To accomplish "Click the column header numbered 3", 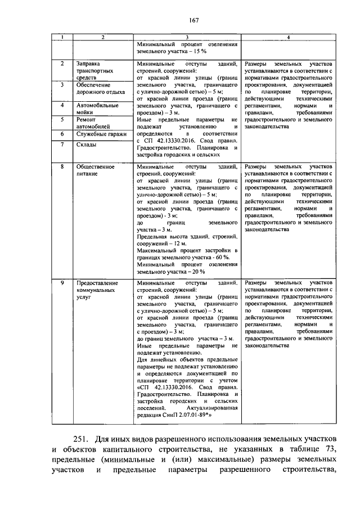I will tap(186, 38).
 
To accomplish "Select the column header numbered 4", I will tap(289, 38).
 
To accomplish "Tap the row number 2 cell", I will tap(63, 64).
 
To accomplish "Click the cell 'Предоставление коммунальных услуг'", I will tap(97, 290).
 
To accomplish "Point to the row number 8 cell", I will tap(63, 167).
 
